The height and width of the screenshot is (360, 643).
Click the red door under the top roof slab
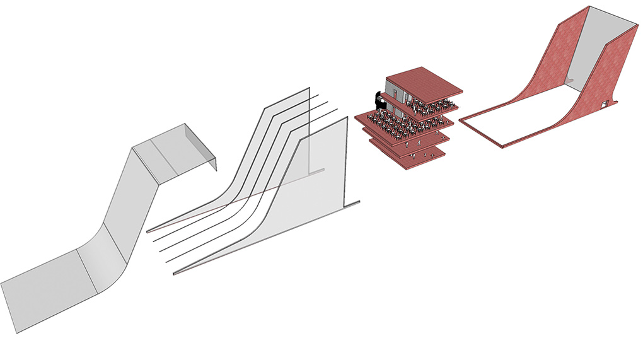tap(409, 96)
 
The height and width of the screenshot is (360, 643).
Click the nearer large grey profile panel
tap(315, 183)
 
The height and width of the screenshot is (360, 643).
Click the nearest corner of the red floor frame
tap(501, 146)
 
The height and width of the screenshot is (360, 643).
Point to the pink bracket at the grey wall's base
tap(569, 80)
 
